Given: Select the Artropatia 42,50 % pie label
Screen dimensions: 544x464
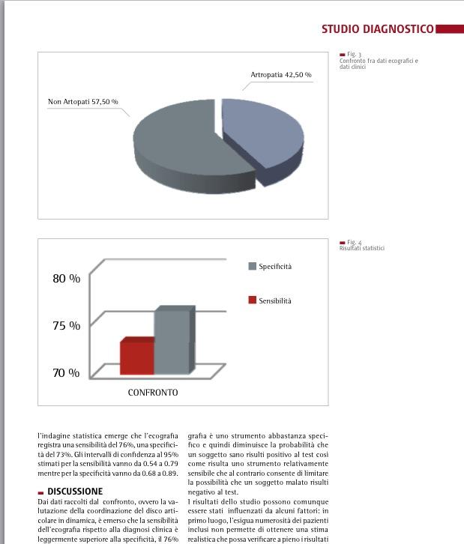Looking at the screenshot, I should point(280,75).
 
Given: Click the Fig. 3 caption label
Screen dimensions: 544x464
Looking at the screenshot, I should point(354,55).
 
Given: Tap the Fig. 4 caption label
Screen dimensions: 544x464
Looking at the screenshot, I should point(354,243).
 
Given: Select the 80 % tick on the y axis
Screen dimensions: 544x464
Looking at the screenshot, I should point(66,279).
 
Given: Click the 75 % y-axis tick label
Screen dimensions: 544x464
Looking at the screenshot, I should point(66,325).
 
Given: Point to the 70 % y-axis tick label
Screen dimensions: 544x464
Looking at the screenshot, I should point(66,372).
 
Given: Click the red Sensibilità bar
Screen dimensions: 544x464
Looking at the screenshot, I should point(136,357).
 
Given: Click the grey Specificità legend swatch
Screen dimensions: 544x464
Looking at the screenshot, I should point(253,266).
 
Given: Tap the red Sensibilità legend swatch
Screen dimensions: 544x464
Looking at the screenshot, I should point(253,300).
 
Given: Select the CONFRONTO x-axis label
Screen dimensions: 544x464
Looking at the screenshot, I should point(153,392).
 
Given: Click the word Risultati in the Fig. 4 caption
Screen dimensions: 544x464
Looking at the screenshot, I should point(351,249).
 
